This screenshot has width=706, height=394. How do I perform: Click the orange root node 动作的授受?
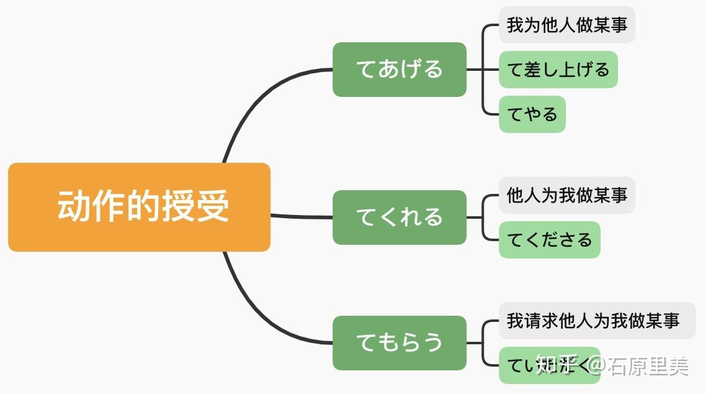coord(139,207)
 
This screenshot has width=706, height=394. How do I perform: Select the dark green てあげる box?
coord(399,70)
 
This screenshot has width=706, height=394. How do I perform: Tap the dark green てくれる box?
coord(399,217)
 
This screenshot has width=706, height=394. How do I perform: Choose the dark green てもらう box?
coord(399,342)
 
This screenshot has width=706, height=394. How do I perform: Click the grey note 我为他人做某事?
coord(566,25)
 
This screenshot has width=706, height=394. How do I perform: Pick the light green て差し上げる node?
coord(558,70)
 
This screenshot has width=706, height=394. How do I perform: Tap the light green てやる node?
coord(532,114)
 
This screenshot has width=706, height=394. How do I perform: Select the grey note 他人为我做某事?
coord(566,196)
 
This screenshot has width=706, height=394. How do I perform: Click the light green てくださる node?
coord(549,240)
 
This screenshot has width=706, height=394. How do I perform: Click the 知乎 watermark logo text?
coord(556,366)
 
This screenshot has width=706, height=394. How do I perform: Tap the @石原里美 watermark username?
coord(639,366)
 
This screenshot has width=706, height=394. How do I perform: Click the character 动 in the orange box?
coord(72,206)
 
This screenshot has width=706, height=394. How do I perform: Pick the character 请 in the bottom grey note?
coord(532,321)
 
